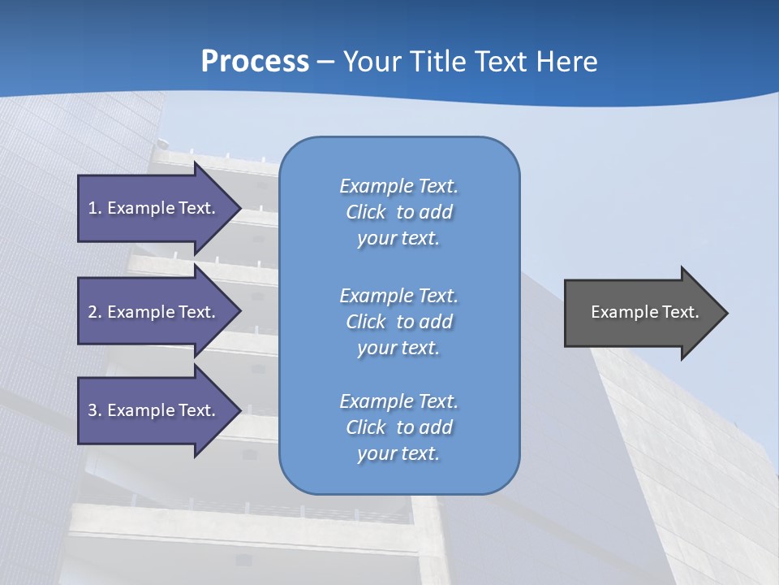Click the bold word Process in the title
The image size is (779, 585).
pyautogui.click(x=255, y=62)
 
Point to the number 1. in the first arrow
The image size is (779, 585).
pyautogui.click(x=95, y=208)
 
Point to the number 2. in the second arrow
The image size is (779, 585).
pyautogui.click(x=95, y=312)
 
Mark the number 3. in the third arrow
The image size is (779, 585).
pyautogui.click(x=95, y=410)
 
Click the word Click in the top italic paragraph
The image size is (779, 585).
pyautogui.click(x=366, y=212)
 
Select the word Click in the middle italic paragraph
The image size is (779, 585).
pyautogui.click(x=366, y=322)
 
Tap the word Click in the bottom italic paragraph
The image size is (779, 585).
pyautogui.click(x=366, y=427)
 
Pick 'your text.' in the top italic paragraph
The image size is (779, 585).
pyautogui.click(x=398, y=239)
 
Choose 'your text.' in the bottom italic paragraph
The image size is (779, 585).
pyautogui.click(x=398, y=454)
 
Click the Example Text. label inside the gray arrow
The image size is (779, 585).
pyautogui.click(x=644, y=312)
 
